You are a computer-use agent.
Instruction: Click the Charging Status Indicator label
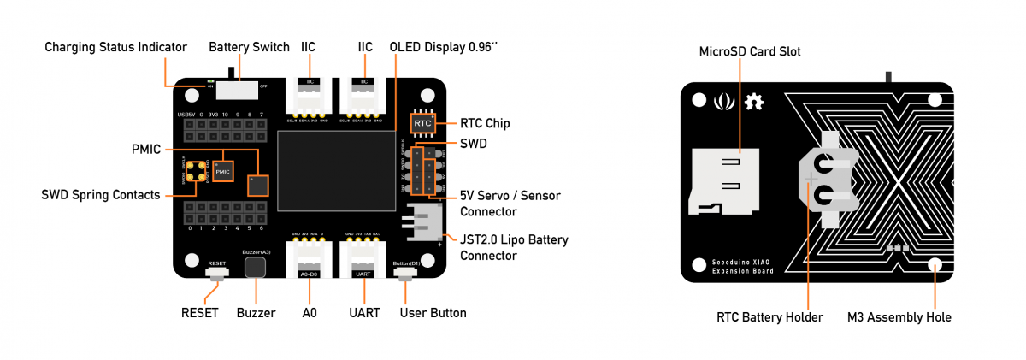115,47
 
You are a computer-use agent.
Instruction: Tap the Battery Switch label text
249,47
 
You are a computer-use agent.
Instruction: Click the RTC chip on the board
422,124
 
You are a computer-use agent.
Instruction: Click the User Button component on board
404,274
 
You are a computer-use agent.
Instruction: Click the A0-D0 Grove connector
309,258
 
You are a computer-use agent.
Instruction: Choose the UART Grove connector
363,258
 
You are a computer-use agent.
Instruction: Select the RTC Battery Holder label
769,317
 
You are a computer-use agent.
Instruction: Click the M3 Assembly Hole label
899,317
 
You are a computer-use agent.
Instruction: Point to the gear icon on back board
754,103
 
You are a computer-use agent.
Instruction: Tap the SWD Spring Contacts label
101,195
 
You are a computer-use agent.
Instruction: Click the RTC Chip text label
485,123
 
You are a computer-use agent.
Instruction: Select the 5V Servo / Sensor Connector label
510,204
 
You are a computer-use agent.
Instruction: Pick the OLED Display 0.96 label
443,47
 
